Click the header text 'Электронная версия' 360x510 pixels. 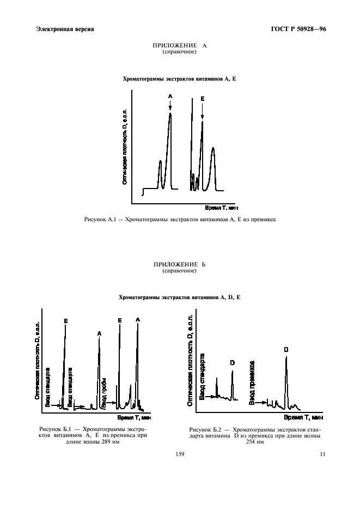65,29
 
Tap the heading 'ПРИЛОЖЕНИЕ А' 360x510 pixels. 180,46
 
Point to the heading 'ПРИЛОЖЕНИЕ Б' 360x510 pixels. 180,265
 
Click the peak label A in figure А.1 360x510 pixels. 170,96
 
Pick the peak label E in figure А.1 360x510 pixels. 202,99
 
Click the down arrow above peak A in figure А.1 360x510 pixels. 170,106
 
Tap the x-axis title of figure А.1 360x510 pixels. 222,208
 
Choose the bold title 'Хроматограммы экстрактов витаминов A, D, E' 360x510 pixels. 180,297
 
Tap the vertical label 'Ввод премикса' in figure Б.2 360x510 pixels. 253,381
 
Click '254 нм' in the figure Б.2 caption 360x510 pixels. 254,442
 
